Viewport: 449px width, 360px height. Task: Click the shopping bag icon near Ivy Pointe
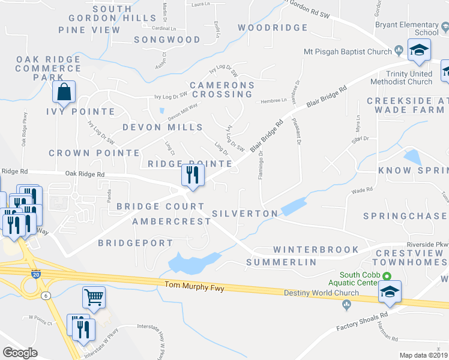[64, 92]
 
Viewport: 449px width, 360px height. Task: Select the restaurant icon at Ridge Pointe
[193, 175]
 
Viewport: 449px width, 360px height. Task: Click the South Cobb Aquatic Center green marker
[387, 277]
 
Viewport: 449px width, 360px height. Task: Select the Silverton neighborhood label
[245, 214]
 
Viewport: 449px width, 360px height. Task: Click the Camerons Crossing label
[222, 91]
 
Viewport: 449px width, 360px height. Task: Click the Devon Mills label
[163, 127]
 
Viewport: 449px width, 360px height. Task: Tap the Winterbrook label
[316, 249]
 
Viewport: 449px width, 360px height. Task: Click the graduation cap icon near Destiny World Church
[389, 292]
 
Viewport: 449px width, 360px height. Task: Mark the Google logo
[20, 353]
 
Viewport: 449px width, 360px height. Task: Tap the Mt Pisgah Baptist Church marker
[399, 51]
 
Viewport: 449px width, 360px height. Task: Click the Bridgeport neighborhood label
[135, 243]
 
